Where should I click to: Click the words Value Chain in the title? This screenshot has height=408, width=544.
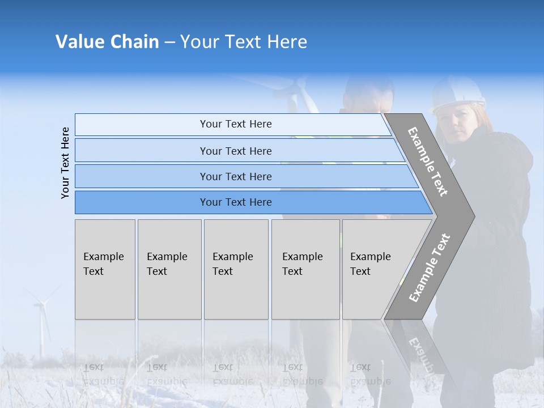pyautogui.click(x=107, y=42)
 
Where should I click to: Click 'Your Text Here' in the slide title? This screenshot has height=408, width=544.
pyautogui.click(x=244, y=42)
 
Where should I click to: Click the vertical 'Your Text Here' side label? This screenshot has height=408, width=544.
pyautogui.click(x=65, y=163)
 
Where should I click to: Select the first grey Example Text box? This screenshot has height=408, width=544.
pyautogui.click(x=105, y=269)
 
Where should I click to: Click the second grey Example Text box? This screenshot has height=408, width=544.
pyautogui.click(x=169, y=269)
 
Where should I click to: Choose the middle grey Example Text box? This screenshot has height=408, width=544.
pyautogui.click(x=236, y=269)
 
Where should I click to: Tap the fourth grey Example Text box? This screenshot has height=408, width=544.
pyautogui.click(x=305, y=269)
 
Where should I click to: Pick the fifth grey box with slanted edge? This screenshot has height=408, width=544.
pyautogui.click(x=374, y=269)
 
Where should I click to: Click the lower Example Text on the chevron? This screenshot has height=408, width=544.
pyautogui.click(x=430, y=267)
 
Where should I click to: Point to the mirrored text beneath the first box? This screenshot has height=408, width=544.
pyautogui.click(x=104, y=374)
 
